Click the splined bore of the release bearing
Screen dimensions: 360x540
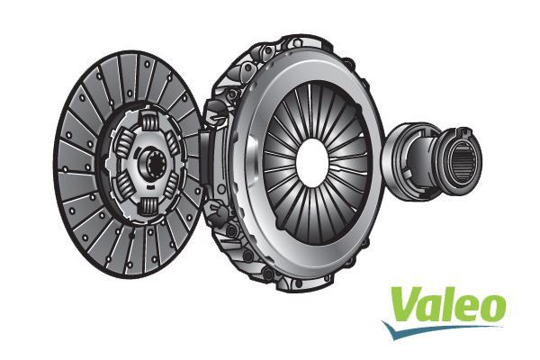pyautogui.click(x=466, y=161)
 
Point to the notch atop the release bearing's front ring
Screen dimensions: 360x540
pyautogui.click(x=464, y=134)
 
